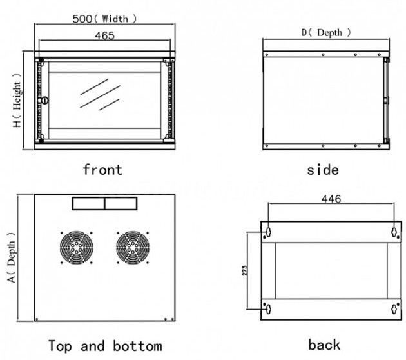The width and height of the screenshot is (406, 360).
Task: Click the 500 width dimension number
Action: click(82, 19)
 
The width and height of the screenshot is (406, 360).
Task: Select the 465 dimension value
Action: click(104, 35)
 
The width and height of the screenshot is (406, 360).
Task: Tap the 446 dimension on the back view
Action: click(331, 199)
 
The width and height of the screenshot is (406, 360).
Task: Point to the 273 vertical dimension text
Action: click(245, 270)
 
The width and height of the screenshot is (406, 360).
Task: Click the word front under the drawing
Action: click(102, 170)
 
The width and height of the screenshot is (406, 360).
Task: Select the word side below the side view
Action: click(323, 170)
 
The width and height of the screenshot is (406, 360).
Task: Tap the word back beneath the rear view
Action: click(324, 345)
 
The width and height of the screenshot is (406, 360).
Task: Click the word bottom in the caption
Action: click(137, 346)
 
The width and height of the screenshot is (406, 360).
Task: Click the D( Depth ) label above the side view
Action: click(326, 33)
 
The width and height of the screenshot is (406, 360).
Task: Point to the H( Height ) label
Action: click(17, 100)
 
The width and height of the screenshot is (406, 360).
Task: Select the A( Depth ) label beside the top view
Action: click(11, 257)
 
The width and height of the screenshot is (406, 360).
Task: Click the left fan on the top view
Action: click(77, 248)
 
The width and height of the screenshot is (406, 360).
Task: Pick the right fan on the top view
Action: click(133, 248)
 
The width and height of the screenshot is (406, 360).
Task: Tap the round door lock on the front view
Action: click(45, 100)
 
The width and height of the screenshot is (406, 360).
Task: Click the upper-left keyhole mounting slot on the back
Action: click(268, 231)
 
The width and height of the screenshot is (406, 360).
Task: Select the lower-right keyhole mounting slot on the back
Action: click(394, 308)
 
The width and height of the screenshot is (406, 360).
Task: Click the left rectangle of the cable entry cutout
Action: click(88, 203)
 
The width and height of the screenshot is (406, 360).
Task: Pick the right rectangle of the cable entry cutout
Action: click(121, 203)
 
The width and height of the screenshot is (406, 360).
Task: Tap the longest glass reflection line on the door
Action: click(100, 96)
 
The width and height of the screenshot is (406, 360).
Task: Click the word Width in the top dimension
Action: click(115, 19)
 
